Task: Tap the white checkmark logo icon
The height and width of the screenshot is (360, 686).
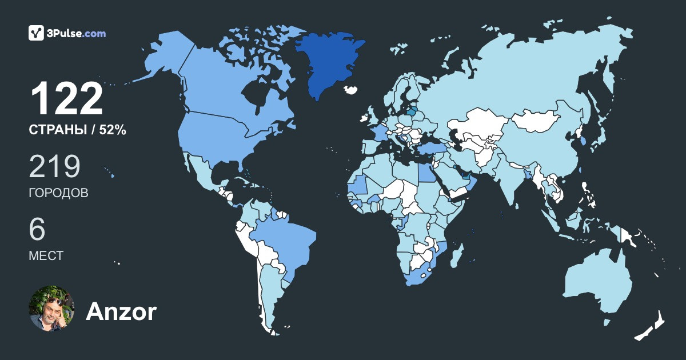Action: [x=37, y=33]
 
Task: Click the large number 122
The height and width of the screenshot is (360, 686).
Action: [x=66, y=99]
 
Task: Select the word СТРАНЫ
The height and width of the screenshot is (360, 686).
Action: [x=57, y=130]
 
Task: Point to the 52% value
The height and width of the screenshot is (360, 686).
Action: [x=113, y=130]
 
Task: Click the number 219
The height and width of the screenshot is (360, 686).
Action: [x=54, y=166]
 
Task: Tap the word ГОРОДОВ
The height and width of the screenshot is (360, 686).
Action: [x=58, y=193]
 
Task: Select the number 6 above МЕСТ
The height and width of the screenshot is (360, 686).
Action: [x=37, y=229]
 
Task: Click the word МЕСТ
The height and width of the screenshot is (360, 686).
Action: [x=46, y=255]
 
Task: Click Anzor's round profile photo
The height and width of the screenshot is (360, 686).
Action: [x=52, y=308]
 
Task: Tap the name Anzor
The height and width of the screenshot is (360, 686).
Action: [x=121, y=312]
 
